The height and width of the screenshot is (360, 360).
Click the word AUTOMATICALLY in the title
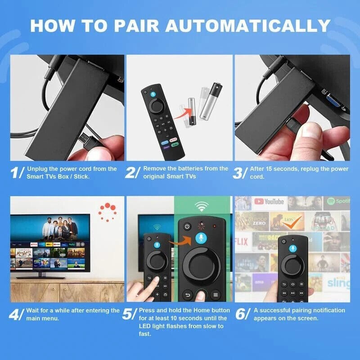point(254,25)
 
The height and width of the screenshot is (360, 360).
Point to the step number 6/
point(242,314)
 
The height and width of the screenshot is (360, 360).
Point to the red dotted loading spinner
point(108,211)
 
